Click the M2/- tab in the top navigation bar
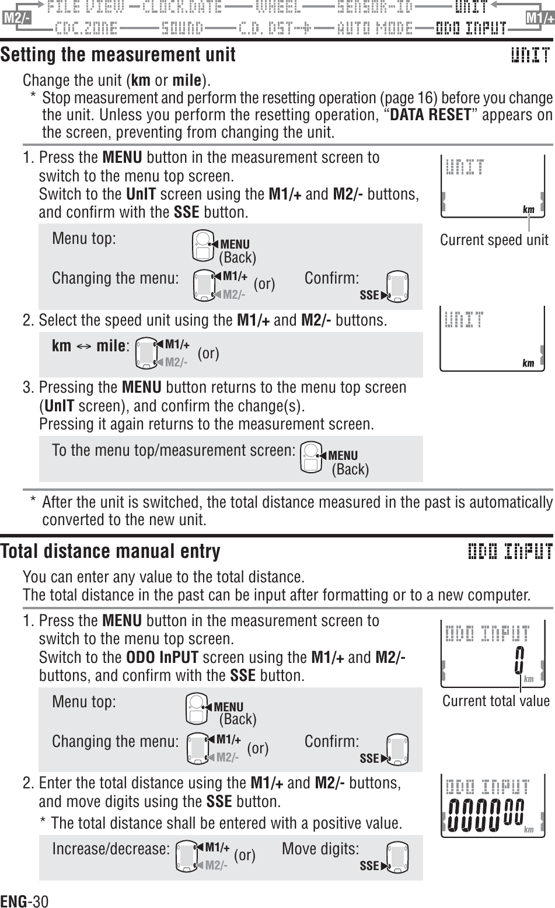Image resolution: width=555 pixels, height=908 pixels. pyautogui.click(x=16, y=18)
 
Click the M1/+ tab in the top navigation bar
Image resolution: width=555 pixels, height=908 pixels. pyautogui.click(x=539, y=18)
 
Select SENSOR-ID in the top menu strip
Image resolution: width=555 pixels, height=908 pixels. pyautogui.click(x=375, y=8)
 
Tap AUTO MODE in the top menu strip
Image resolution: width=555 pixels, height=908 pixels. pyautogui.click(x=375, y=28)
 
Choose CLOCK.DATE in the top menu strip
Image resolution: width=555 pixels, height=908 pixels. pyautogui.click(x=182, y=8)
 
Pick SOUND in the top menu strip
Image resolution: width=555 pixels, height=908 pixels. pyautogui.click(x=182, y=28)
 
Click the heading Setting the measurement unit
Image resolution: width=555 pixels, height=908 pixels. pyautogui.click(x=118, y=55)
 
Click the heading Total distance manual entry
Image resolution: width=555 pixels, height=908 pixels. pyautogui.click(x=110, y=551)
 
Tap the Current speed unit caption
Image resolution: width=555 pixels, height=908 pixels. pyautogui.click(x=494, y=240)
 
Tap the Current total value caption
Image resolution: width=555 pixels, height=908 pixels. pyautogui.click(x=495, y=700)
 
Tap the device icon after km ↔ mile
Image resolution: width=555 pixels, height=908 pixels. pyautogui.click(x=146, y=354)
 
